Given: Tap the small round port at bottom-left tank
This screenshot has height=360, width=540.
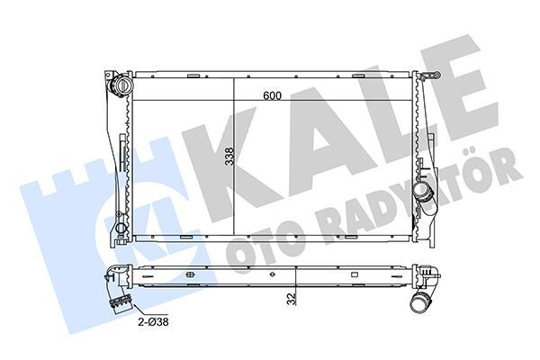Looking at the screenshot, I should pyautogui.click(x=117, y=219).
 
